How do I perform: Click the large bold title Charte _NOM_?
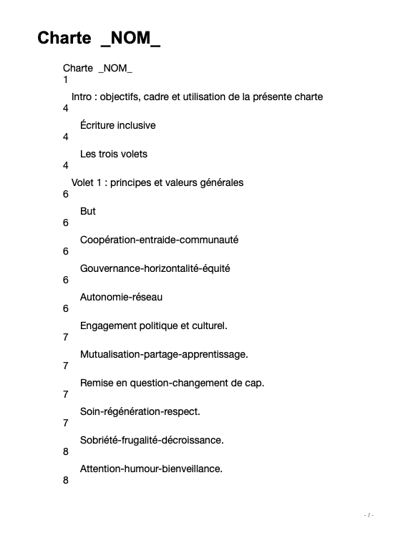click(99, 39)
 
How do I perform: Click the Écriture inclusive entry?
click(117, 125)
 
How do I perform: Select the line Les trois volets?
click(113, 154)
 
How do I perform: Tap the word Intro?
click(82, 97)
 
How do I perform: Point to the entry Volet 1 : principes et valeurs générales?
click(157, 182)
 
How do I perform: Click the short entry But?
click(88, 211)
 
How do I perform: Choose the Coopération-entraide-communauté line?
click(159, 240)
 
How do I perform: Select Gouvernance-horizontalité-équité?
click(155, 268)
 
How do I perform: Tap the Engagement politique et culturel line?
click(153, 326)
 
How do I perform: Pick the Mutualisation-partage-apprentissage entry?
click(164, 354)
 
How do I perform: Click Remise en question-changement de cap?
click(172, 383)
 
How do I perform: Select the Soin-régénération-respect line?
click(140, 411)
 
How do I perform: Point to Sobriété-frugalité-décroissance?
click(152, 440)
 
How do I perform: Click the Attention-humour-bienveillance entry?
click(151, 469)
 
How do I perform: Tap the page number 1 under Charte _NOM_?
click(66, 80)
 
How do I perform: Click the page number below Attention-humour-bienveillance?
click(66, 481)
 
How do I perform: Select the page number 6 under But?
click(66, 223)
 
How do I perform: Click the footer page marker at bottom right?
click(369, 515)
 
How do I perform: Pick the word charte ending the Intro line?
click(308, 97)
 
